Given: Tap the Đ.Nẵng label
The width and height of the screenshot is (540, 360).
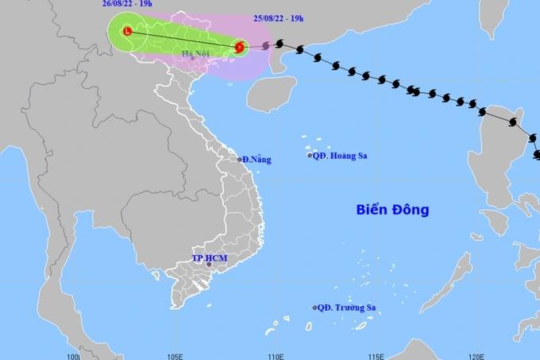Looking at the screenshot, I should [257, 160].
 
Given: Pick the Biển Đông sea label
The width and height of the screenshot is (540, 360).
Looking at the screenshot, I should [391, 211].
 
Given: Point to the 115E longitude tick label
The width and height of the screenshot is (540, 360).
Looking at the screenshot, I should [376, 355].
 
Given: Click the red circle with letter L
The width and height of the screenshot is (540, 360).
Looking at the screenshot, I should [128, 32].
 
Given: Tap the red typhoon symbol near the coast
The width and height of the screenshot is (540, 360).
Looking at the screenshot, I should [239, 48].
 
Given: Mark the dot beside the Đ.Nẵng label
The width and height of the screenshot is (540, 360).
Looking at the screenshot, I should [240, 160].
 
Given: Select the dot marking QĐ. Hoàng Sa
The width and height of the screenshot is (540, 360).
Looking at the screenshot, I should [310, 156].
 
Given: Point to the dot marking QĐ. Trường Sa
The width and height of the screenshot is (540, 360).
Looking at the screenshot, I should [315, 308].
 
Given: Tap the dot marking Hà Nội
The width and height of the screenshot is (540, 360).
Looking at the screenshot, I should [192, 58].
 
